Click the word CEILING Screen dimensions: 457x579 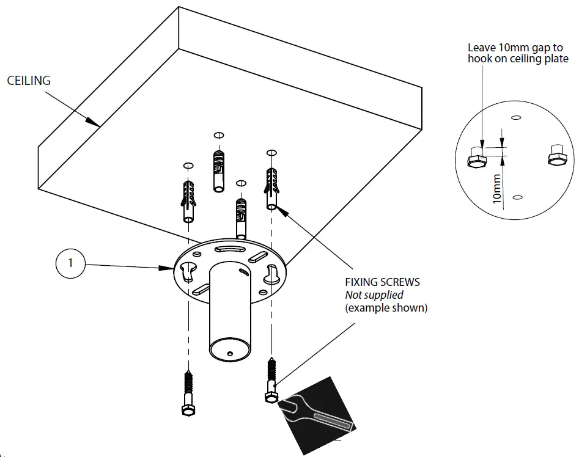point(29,81)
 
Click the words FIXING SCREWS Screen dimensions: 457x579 point(383,283)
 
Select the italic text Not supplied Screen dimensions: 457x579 point(374,295)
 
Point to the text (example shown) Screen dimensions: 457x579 point(386,308)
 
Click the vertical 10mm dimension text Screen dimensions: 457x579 point(497,188)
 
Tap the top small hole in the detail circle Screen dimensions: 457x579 point(515,117)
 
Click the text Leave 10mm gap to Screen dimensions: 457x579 point(515,47)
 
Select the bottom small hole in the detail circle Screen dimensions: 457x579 point(518,197)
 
